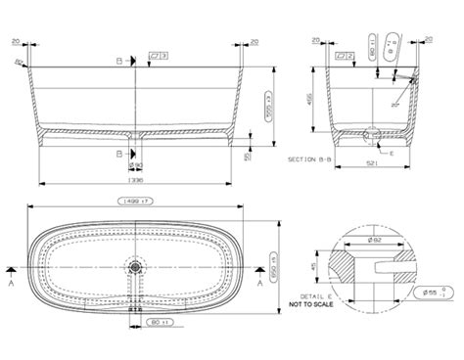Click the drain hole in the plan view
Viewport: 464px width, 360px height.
[x=136, y=265]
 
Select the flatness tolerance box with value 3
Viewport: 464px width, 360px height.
[x=159, y=57]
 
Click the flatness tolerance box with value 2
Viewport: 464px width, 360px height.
[x=345, y=57]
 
